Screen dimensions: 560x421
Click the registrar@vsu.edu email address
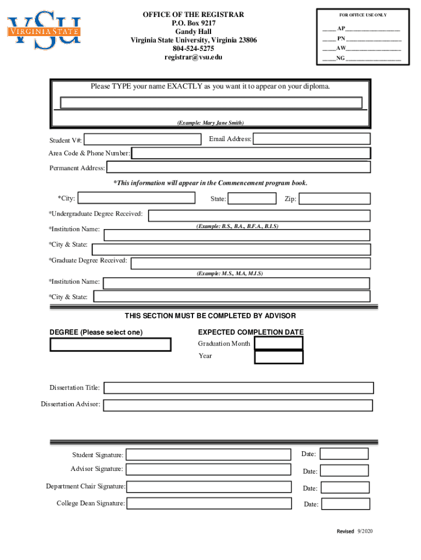click(x=194, y=57)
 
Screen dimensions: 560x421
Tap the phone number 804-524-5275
click(x=194, y=49)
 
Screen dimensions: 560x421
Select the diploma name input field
click(x=211, y=103)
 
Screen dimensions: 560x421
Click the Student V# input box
click(x=142, y=140)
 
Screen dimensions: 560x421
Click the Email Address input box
click(x=312, y=139)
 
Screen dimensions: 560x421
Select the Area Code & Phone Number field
click(x=251, y=153)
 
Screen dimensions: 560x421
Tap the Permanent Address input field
click(x=238, y=167)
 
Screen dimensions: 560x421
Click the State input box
click(x=252, y=199)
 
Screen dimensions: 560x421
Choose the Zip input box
click(x=335, y=199)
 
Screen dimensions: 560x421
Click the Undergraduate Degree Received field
click(x=259, y=215)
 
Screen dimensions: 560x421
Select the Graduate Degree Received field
click(x=250, y=263)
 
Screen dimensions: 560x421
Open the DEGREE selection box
click(x=110, y=345)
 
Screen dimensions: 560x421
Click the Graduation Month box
click(x=279, y=343)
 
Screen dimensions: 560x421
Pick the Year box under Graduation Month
click(x=279, y=357)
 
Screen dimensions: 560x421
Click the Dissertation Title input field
click(x=238, y=388)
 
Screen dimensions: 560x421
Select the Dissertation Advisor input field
click(x=238, y=405)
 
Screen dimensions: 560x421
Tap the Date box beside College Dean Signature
click(x=344, y=504)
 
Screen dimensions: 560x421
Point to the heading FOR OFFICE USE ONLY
click(x=363, y=15)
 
